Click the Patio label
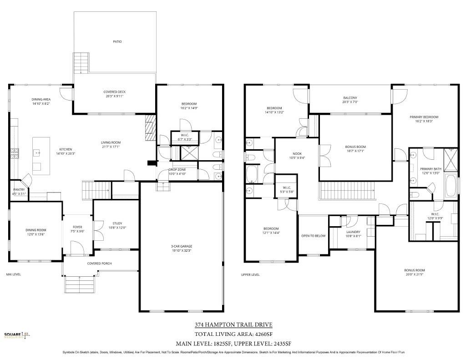(117, 41)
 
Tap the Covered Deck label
(115, 92)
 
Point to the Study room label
(117, 223)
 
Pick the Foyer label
(78, 227)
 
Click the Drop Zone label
(177, 170)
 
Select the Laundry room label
(353, 232)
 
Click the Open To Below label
(313, 236)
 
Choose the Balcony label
(350, 98)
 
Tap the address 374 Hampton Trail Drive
(233, 325)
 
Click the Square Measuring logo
(17, 336)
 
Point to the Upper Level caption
(250, 274)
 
